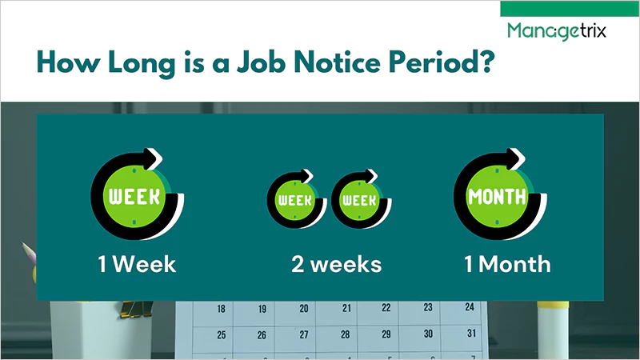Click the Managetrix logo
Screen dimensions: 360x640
(x=556, y=31)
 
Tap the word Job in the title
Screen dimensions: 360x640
(x=248, y=62)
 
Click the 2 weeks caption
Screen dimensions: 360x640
(x=336, y=263)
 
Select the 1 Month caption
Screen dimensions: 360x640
(x=508, y=263)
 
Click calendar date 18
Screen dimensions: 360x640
(x=221, y=309)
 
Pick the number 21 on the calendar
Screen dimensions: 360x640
(x=346, y=308)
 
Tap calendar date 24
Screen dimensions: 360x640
(x=470, y=306)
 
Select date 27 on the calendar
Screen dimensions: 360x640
(x=303, y=335)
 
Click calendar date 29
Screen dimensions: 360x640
(x=386, y=334)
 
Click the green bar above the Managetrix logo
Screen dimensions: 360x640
(x=569, y=8)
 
